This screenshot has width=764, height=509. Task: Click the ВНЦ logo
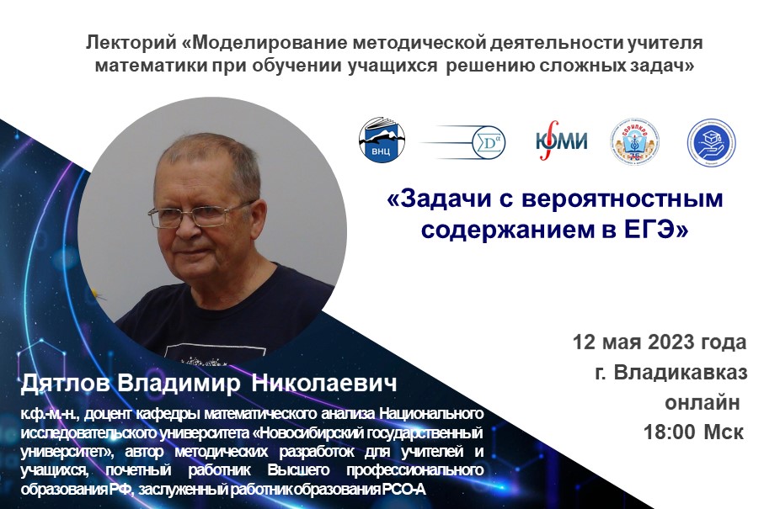382,140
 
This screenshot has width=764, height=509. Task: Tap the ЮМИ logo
562,141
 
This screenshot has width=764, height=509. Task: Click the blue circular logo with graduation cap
711,141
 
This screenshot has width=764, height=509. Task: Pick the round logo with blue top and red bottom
634,141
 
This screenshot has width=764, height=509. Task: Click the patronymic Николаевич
321,384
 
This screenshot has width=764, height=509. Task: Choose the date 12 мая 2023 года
659,342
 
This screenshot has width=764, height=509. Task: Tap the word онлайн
706,403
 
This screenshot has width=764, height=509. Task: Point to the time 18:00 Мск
692,433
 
